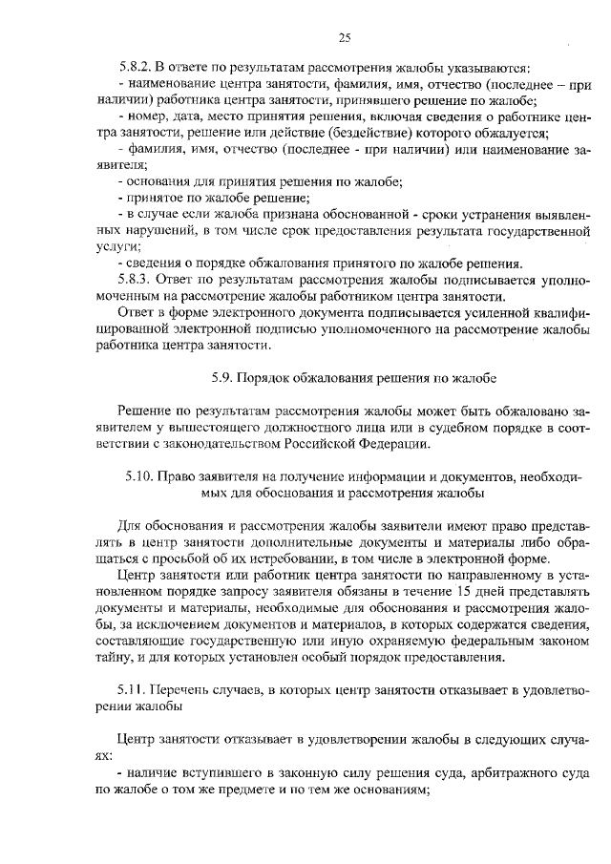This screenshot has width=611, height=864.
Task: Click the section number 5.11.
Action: click(x=135, y=689)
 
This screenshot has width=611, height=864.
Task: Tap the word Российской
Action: click(x=324, y=444)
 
